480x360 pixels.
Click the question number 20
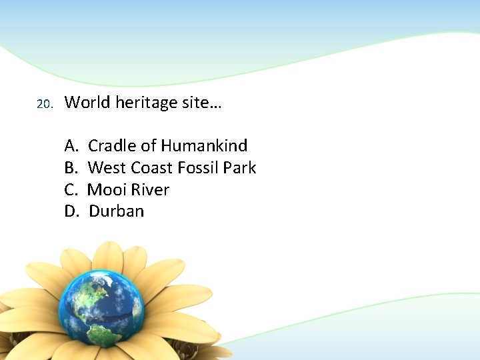point(43,105)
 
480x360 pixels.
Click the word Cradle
point(112,145)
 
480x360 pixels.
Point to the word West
point(107,167)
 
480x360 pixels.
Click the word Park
point(240,167)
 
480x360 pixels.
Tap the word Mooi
point(105,189)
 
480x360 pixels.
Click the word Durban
point(116,211)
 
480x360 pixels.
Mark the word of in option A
point(148,145)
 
